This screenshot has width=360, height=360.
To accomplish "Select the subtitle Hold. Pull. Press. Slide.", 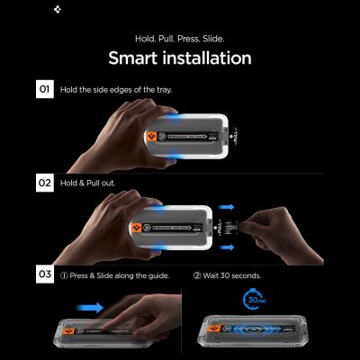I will coord(180,39).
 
